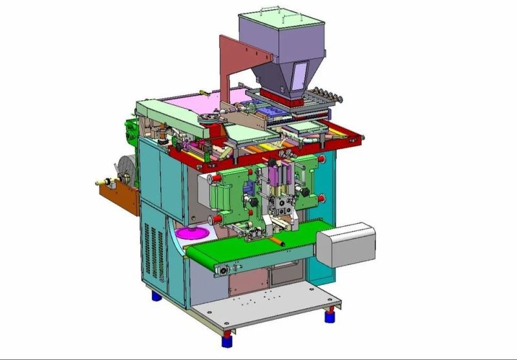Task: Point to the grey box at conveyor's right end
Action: click(x=345, y=244)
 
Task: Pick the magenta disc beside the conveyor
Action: click(x=193, y=232)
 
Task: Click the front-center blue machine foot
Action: click(x=227, y=338)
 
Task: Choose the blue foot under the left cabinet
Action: click(x=156, y=297)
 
